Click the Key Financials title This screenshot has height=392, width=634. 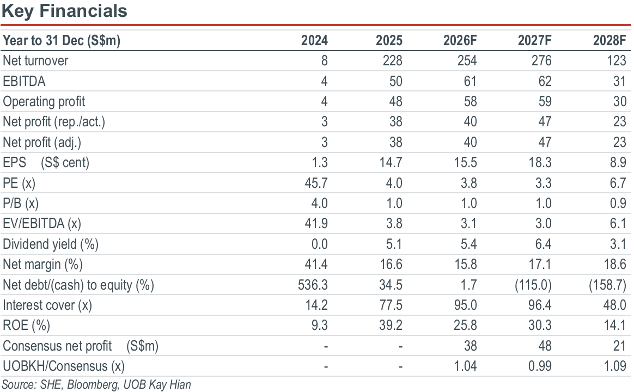[64, 11]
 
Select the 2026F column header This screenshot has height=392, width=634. [460, 40]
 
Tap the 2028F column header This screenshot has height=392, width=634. [609, 40]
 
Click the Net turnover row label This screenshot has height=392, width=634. [35, 60]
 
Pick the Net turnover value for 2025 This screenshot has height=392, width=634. [392, 60]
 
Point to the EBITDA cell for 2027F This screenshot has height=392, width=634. [545, 81]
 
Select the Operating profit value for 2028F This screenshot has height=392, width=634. [619, 101]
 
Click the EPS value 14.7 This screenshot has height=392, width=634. [391, 162]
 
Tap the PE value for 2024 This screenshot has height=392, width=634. [316, 183]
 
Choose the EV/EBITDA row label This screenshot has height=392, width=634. [42, 223]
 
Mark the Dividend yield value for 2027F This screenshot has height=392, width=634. [543, 244]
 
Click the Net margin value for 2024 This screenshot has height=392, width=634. [316, 264]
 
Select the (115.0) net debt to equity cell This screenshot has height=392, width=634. [533, 285]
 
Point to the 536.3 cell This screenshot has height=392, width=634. [313, 285]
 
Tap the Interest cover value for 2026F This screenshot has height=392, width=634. [465, 305]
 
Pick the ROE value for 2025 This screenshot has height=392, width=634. [391, 326]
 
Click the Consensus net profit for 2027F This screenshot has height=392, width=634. [545, 346]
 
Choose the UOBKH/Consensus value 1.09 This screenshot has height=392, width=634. [614, 366]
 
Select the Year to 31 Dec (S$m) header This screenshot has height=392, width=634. [62, 41]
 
